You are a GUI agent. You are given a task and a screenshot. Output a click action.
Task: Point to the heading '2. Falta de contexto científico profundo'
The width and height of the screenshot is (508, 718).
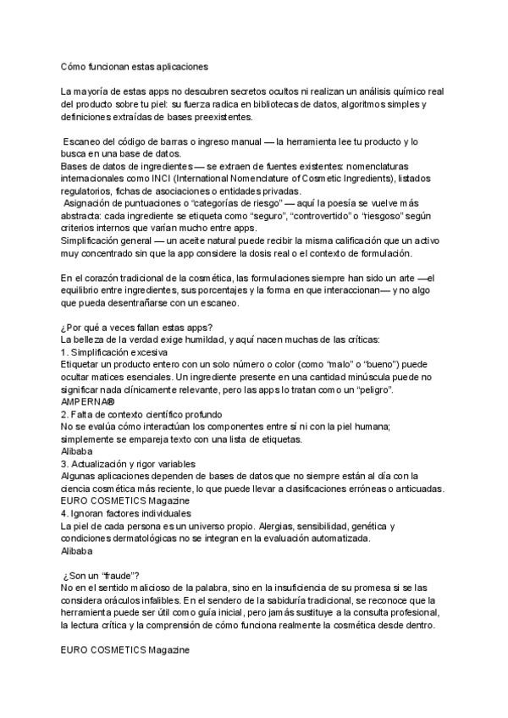coord(141,414)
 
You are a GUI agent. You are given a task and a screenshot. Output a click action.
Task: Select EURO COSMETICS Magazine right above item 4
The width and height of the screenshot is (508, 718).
coord(125,502)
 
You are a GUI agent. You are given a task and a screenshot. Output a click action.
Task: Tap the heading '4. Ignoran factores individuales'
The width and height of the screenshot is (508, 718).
coord(127,513)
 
